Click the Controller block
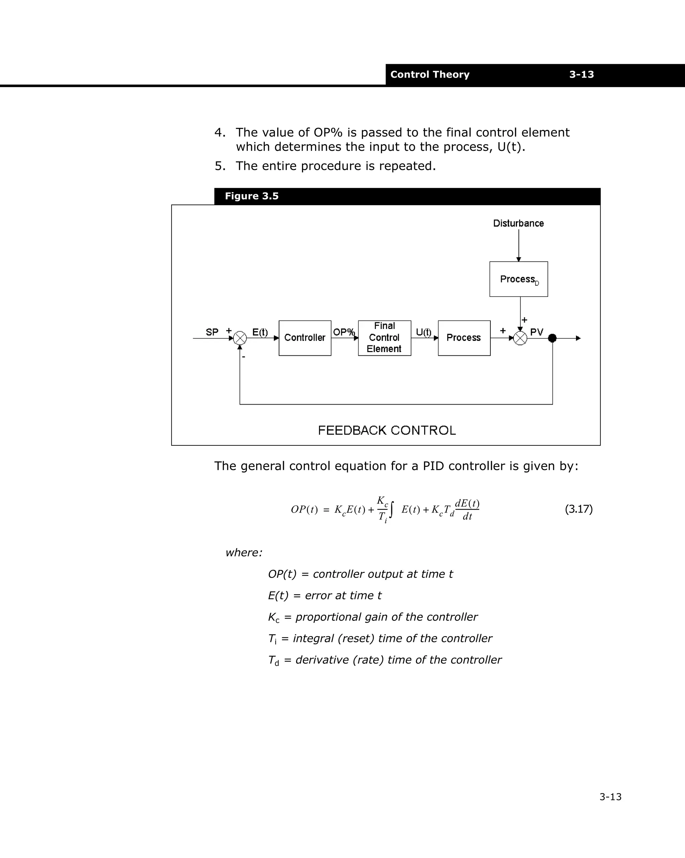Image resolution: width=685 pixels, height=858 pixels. pyautogui.click(x=305, y=338)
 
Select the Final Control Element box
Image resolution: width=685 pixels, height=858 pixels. pyautogui.click(x=384, y=338)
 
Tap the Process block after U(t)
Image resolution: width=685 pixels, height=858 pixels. pyautogui.click(x=464, y=338)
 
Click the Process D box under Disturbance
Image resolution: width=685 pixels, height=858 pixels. pyautogui.click(x=518, y=279)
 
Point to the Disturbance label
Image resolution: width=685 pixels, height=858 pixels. pyautogui.click(x=518, y=223)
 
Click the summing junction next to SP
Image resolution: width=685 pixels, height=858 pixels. pyautogui.click(x=240, y=338)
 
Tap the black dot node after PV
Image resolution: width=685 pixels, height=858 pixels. pyautogui.click(x=552, y=338)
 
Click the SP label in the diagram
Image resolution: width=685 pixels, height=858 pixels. pyautogui.click(x=212, y=332)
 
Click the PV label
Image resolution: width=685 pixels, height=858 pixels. pyautogui.click(x=536, y=332)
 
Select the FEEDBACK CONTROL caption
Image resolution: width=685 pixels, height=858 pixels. pyautogui.click(x=387, y=430)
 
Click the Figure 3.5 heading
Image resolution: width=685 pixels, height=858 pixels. pyautogui.click(x=252, y=196)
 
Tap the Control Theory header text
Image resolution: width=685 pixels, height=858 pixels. pyautogui.click(x=429, y=74)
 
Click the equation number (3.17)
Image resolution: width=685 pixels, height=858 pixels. pyautogui.click(x=579, y=509)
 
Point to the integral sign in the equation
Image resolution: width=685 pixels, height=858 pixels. pyautogui.click(x=392, y=510)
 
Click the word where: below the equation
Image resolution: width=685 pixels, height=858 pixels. pyautogui.click(x=244, y=552)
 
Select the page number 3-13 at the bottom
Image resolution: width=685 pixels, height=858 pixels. pyautogui.click(x=610, y=797)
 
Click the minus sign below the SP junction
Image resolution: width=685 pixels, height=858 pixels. pyautogui.click(x=243, y=357)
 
